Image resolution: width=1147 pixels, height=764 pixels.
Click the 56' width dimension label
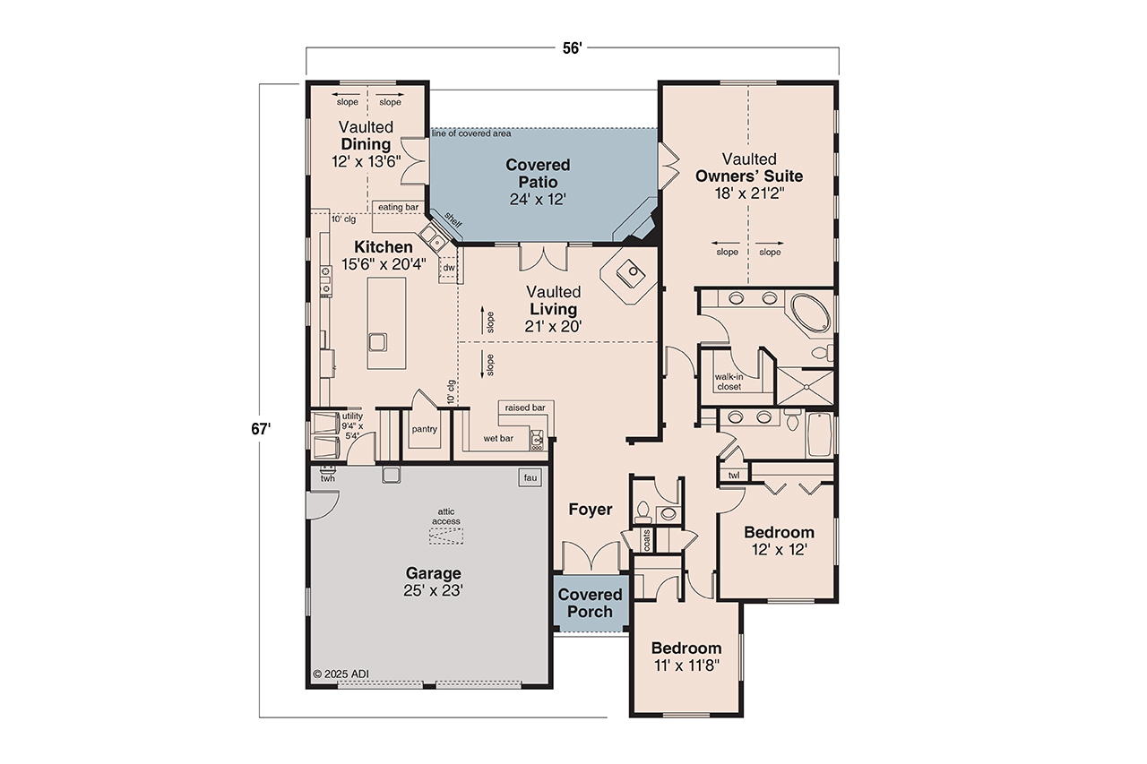click(573, 48)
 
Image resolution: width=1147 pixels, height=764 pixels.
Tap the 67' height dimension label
click(261, 429)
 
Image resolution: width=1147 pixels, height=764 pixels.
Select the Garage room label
click(433, 573)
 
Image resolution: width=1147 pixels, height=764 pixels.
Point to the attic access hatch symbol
click(447, 536)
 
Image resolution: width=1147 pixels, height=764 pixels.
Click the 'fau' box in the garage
click(530, 478)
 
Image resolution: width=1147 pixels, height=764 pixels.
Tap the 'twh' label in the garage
click(327, 479)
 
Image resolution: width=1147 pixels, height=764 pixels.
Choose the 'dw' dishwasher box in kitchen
click(448, 268)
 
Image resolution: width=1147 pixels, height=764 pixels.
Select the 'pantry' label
click(425, 429)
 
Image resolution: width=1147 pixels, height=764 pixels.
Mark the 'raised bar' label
click(525, 408)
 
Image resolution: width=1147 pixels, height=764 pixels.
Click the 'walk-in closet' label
click(729, 382)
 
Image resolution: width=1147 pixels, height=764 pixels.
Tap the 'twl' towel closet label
click(734, 476)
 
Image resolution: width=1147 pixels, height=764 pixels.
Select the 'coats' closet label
click(646, 539)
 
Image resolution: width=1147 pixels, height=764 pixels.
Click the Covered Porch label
click(590, 603)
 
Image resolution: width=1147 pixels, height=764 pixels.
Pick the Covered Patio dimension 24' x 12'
click(537, 200)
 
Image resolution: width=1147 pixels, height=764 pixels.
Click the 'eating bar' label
click(398, 207)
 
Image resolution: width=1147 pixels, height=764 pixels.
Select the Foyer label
click(591, 510)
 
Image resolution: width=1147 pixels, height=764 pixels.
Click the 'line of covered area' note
click(471, 133)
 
